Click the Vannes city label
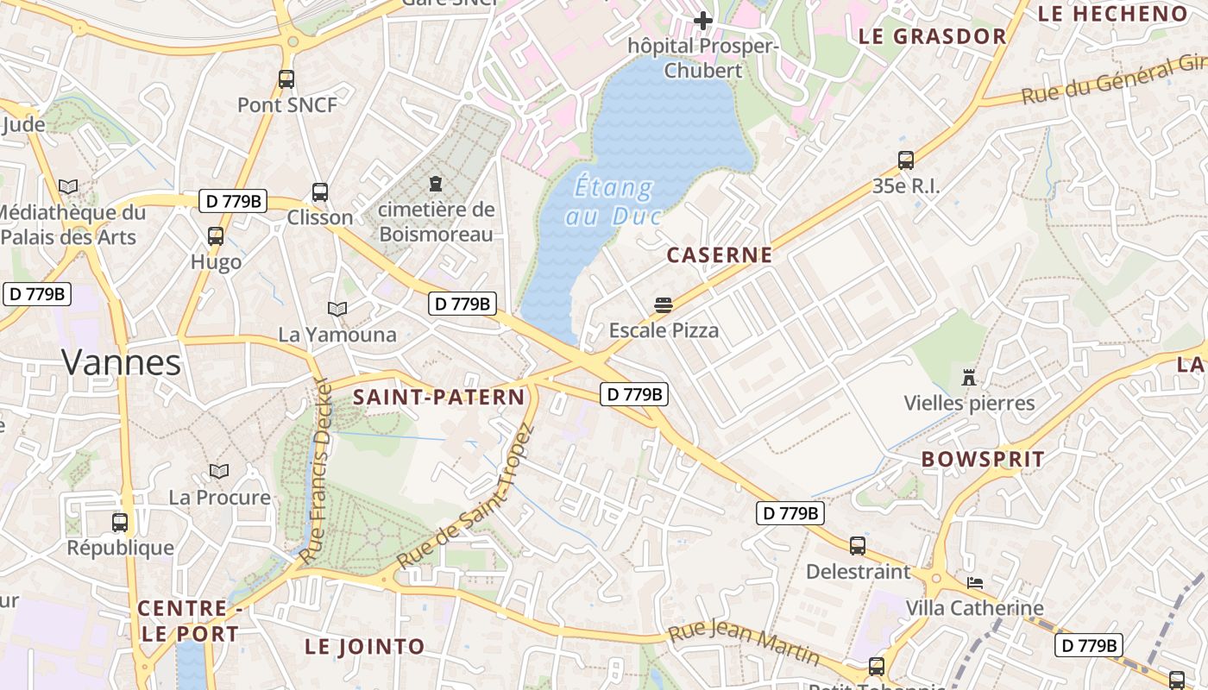coord(121,362)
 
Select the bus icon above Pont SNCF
coord(286,79)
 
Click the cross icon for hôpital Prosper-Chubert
coord(703,20)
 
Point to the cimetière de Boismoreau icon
coord(435,184)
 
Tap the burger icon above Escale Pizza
coord(664,304)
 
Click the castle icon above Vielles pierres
coord(969,378)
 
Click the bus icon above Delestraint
coord(857,545)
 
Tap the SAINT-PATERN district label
coord(438,397)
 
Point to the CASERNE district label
coord(720,255)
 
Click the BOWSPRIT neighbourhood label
coord(983,459)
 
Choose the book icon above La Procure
coord(219,472)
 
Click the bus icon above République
coord(120,522)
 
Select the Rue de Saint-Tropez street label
coord(466,497)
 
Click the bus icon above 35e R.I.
coord(905,160)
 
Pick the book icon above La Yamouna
coord(337,309)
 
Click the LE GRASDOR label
coord(932,36)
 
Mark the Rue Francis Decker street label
coord(316,472)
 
